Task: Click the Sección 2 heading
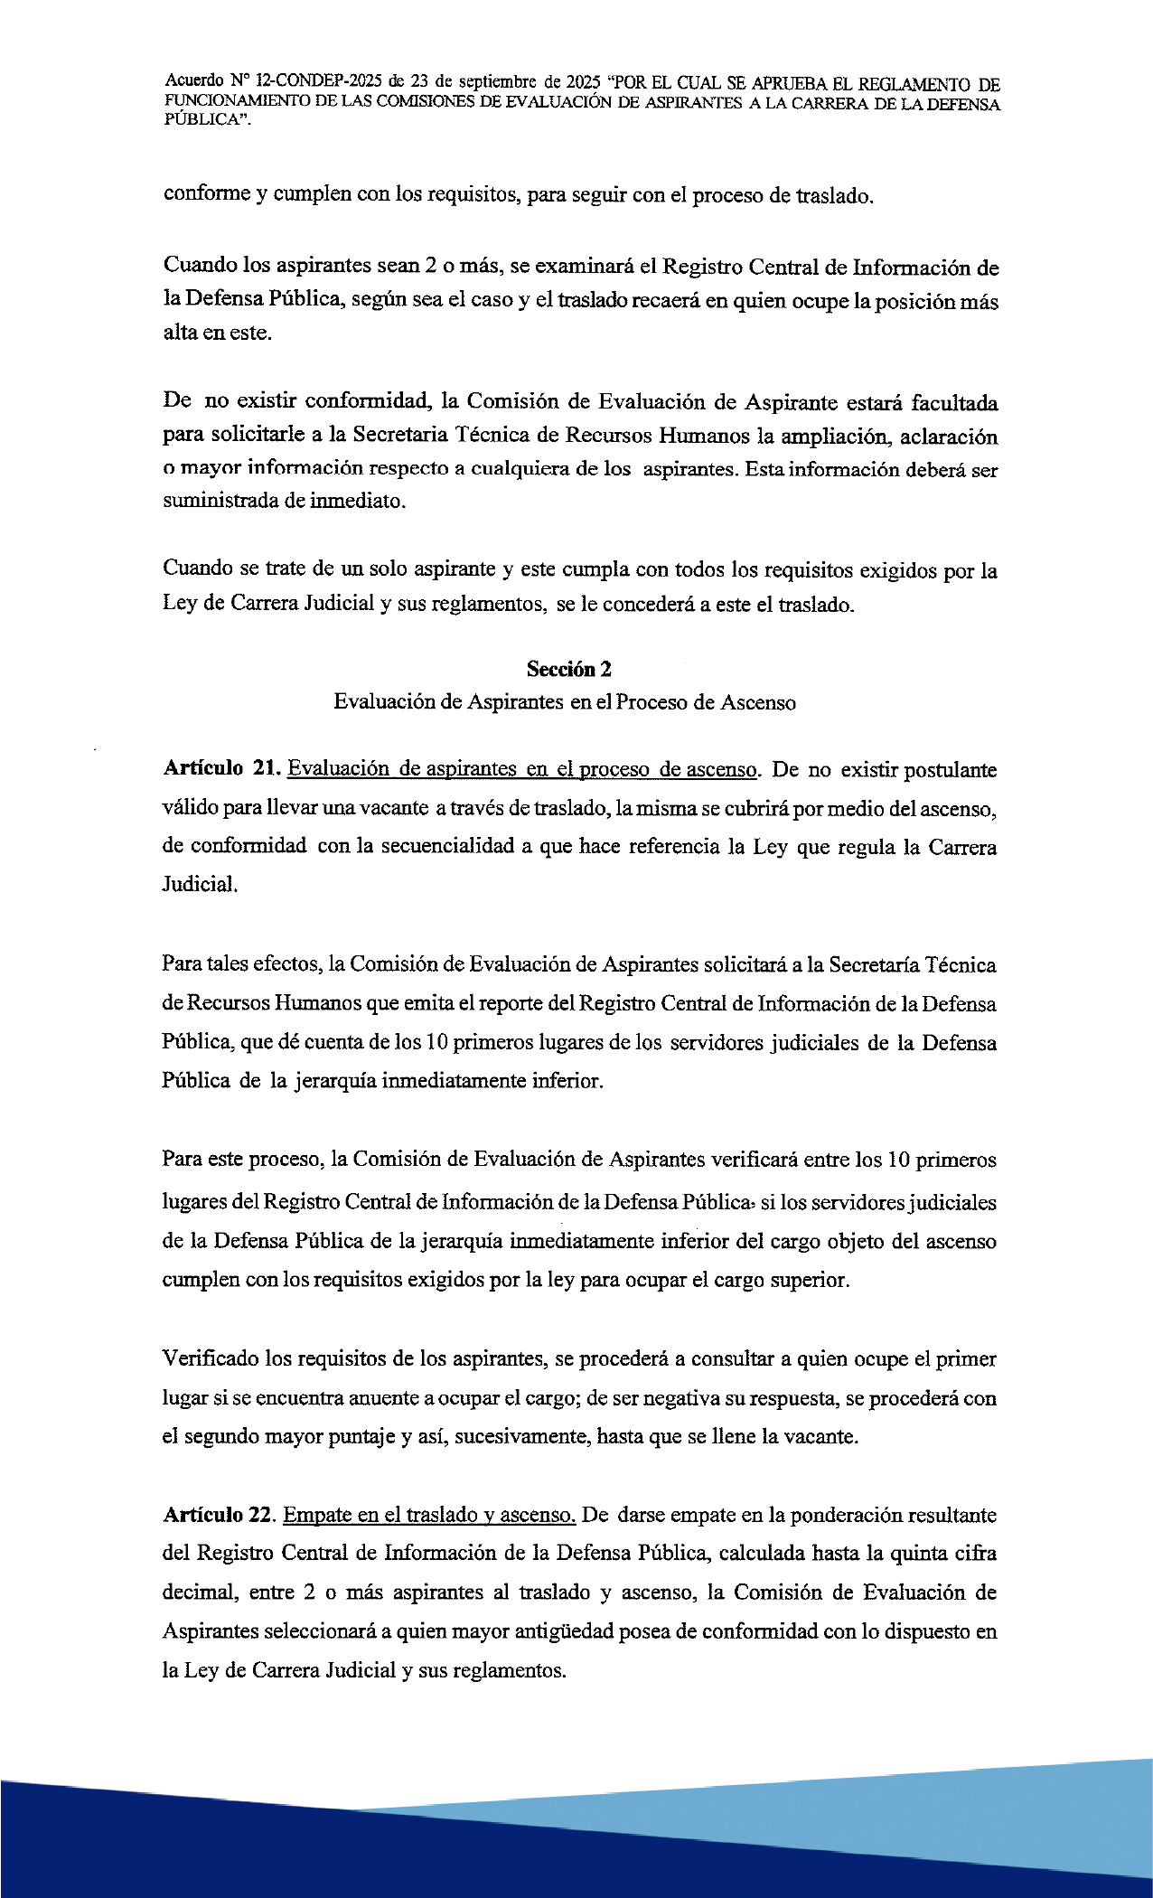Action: click(569, 669)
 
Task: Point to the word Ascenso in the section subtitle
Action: click(758, 702)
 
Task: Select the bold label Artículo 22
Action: click(219, 1515)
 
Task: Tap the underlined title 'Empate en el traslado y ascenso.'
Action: click(429, 1515)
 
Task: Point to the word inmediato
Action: click(358, 501)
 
